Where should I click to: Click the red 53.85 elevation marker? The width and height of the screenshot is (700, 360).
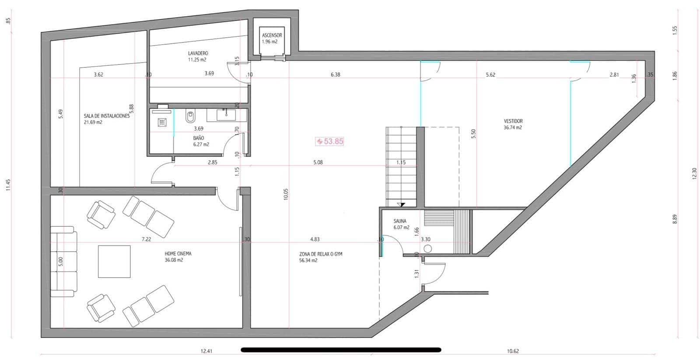pos(330,141)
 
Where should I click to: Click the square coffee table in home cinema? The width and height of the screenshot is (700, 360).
pos(114,262)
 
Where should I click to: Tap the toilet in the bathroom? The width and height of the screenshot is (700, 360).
pos(190,117)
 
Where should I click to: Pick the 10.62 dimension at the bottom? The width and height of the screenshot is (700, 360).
pos(513,351)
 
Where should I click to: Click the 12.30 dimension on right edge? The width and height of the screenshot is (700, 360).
pos(694,174)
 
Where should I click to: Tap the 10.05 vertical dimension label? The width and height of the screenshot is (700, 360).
pos(286,194)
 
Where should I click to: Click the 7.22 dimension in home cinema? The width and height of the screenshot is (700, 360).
pos(146,239)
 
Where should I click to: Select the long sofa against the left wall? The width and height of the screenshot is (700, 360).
pos(63,262)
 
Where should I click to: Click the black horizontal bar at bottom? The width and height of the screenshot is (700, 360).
pos(341,350)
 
